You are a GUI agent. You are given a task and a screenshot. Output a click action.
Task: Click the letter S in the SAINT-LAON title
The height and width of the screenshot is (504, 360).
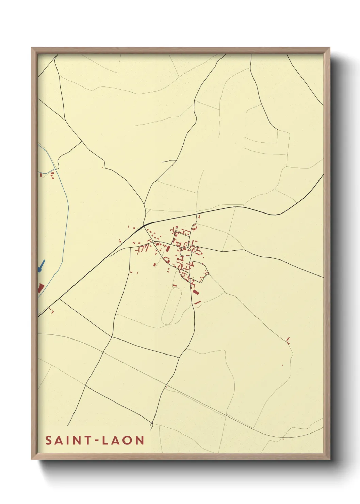49,440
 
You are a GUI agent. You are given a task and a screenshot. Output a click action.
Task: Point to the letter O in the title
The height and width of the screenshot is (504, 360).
128,440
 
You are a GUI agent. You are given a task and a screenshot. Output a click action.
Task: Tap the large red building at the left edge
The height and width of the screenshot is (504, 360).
40,288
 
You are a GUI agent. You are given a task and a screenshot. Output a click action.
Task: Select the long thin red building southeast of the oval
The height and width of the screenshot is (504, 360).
198,302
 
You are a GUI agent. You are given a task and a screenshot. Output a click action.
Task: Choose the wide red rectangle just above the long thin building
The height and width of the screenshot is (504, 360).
195,292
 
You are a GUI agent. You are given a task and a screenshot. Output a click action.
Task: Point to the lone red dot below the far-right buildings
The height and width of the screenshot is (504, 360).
282,365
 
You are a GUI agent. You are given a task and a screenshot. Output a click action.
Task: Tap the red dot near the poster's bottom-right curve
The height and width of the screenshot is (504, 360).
283,439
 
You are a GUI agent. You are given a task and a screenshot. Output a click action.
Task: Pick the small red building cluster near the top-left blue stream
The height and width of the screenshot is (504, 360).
52,175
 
